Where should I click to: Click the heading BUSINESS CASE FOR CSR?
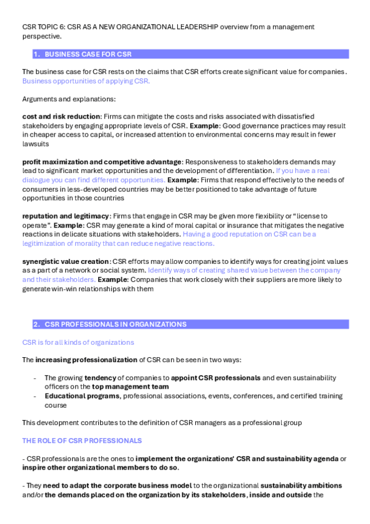88,54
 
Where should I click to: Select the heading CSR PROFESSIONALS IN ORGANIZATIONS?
116,324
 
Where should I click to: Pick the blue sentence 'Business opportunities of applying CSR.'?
86,80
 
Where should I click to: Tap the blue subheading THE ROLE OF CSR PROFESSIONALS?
82,441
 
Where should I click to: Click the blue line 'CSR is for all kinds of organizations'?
78,342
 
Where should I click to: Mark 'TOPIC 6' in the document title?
53,27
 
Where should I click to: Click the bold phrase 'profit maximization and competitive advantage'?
102,161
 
